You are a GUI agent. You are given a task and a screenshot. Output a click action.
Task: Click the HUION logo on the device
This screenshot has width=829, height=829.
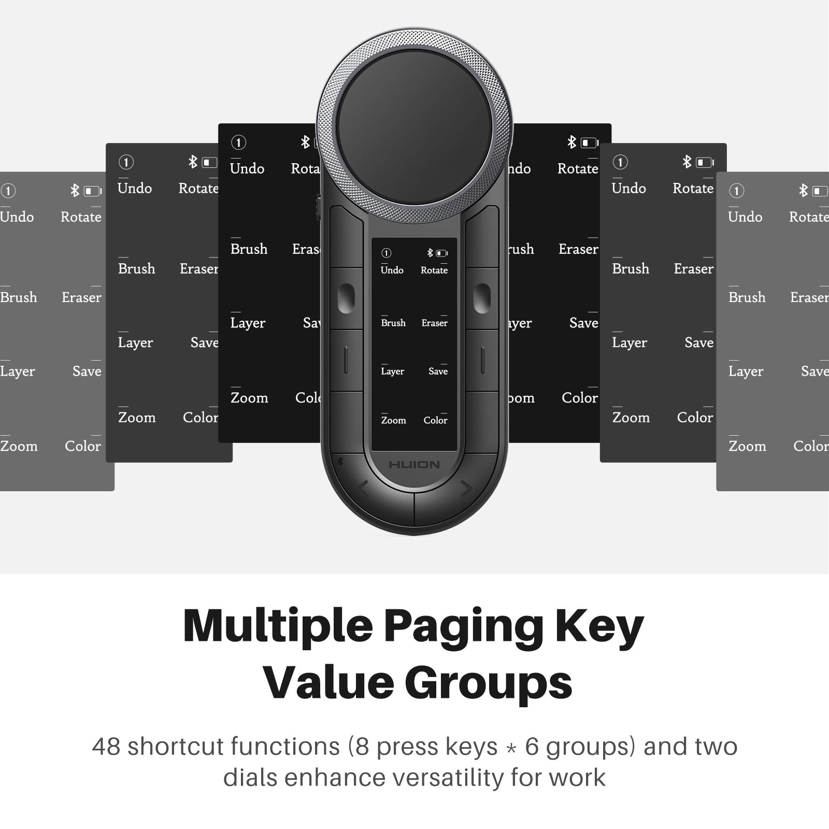[414, 465]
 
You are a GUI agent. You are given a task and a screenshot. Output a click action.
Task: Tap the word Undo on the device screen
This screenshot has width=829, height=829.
[392, 270]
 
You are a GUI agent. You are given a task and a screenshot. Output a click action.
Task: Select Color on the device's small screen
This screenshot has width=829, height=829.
[435, 420]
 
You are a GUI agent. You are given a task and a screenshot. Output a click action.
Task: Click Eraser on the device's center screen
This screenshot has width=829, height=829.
[434, 323]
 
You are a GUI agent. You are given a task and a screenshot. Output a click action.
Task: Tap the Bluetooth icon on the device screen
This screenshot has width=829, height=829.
[430, 253]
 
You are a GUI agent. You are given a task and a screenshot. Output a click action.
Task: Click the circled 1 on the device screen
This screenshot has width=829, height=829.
[387, 253]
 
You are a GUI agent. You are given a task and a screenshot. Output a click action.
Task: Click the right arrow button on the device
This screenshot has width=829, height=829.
[466, 488]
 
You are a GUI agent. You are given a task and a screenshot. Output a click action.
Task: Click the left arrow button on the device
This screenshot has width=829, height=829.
[363, 488]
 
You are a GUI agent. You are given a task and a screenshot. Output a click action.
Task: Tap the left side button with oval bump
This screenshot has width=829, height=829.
[346, 298]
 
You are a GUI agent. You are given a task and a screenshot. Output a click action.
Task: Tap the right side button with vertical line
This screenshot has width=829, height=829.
[482, 361]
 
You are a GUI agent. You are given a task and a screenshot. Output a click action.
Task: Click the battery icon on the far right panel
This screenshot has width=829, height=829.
[820, 191]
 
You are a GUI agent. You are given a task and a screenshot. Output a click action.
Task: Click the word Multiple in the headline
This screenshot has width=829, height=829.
[278, 626]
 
